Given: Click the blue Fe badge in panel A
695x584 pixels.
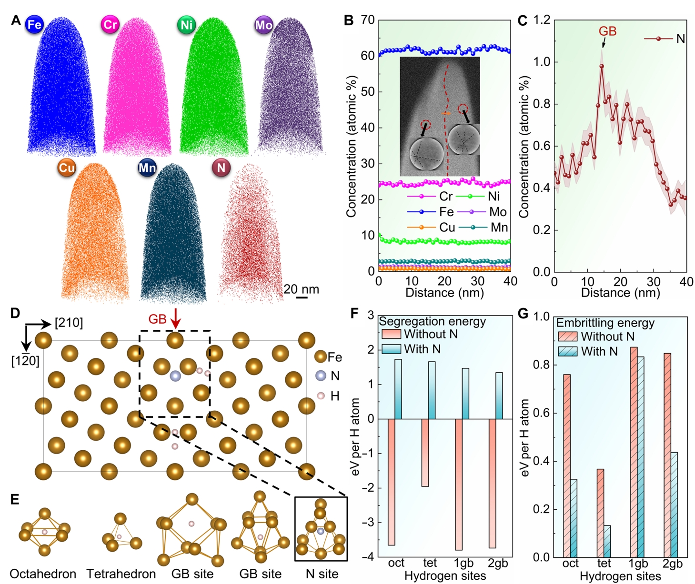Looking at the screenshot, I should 34,24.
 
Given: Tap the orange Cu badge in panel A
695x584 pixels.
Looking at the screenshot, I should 67,168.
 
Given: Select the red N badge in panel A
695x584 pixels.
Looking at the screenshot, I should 221,168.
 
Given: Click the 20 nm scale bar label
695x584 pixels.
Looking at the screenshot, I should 301,289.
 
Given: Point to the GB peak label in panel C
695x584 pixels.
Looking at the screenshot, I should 607,31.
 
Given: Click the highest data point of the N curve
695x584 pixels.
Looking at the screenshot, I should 602,67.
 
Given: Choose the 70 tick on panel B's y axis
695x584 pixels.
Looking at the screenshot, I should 368,20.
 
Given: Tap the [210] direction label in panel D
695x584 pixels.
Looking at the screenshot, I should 69,323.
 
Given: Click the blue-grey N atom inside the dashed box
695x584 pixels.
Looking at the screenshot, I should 175,376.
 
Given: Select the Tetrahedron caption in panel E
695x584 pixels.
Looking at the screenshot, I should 121,574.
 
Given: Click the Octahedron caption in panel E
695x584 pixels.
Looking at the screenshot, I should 43,574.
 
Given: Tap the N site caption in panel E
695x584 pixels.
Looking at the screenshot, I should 322,574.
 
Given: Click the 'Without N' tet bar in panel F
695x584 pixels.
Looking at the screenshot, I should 425,452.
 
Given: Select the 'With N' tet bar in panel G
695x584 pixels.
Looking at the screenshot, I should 607,541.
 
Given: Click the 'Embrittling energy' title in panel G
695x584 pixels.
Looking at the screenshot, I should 605,323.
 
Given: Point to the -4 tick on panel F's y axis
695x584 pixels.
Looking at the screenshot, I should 368,557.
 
